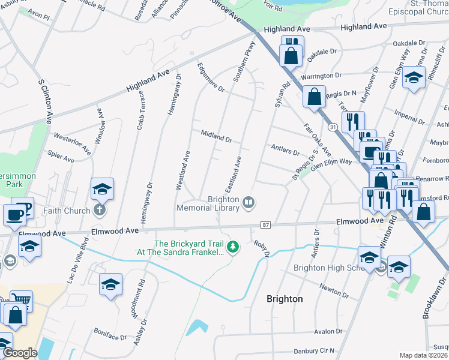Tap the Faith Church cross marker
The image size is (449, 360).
100,211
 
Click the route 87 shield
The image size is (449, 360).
265,224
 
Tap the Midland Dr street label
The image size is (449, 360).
216,136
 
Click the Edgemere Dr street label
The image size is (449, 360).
210,78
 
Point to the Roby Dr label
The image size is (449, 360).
261,248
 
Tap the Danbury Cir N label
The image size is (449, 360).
313,350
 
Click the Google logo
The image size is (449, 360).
20,353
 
